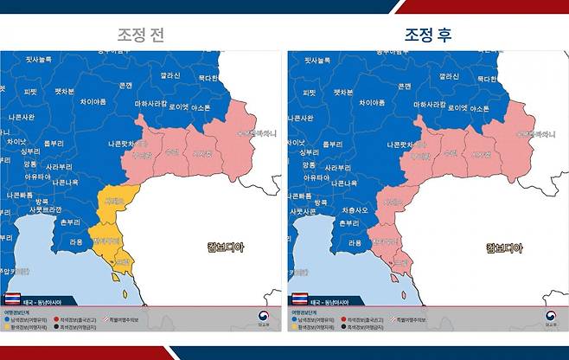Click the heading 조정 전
(x=140, y=35)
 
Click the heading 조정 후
(x=427, y=35)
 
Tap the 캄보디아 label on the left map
(x=226, y=247)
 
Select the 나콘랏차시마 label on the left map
(x=131, y=143)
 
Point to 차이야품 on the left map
(x=99, y=101)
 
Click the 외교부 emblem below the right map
(x=550, y=318)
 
